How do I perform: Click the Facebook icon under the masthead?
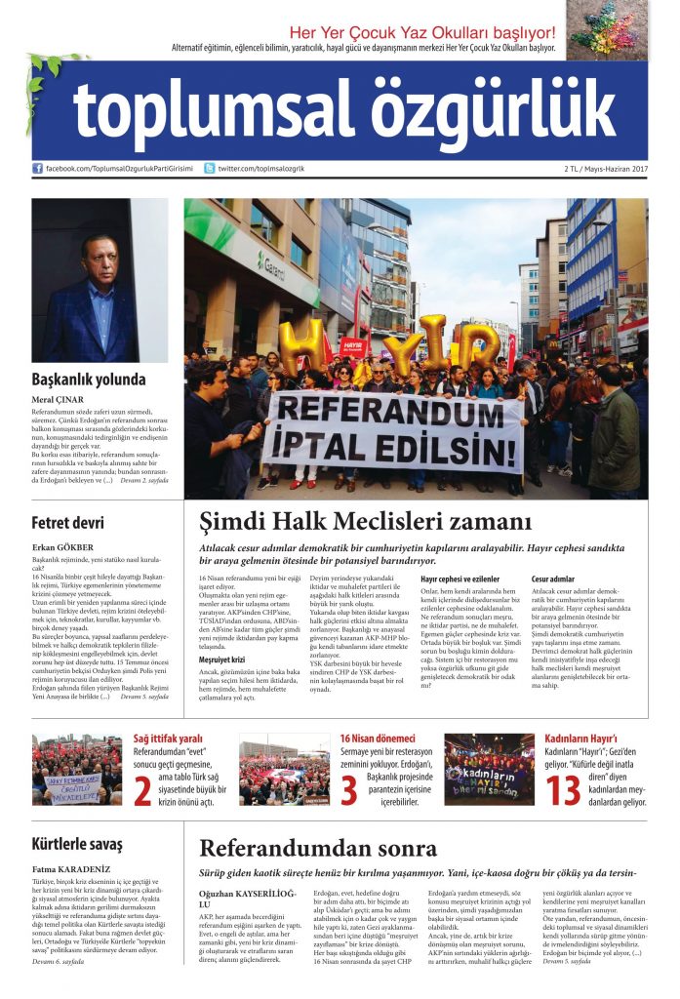(38, 169)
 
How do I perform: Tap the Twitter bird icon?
(210, 169)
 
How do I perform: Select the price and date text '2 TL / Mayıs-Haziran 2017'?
(605, 169)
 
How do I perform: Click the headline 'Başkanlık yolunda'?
(87, 380)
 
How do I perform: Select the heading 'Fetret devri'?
(67, 522)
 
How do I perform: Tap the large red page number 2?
(142, 790)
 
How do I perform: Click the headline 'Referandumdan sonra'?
(318, 848)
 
